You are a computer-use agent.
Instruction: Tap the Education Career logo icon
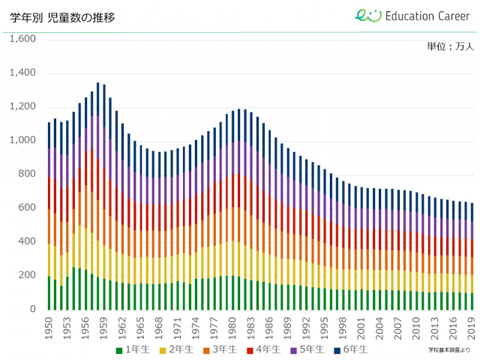(368, 16)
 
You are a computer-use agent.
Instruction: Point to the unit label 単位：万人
(449, 46)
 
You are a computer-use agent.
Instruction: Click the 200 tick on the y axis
(26, 275)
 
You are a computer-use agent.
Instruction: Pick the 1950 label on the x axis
(49, 325)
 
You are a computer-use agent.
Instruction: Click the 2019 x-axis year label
(472, 325)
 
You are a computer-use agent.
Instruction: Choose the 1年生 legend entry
(133, 349)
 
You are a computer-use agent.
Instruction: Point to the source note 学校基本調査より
(449, 349)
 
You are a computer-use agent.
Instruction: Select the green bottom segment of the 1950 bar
(49, 292)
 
